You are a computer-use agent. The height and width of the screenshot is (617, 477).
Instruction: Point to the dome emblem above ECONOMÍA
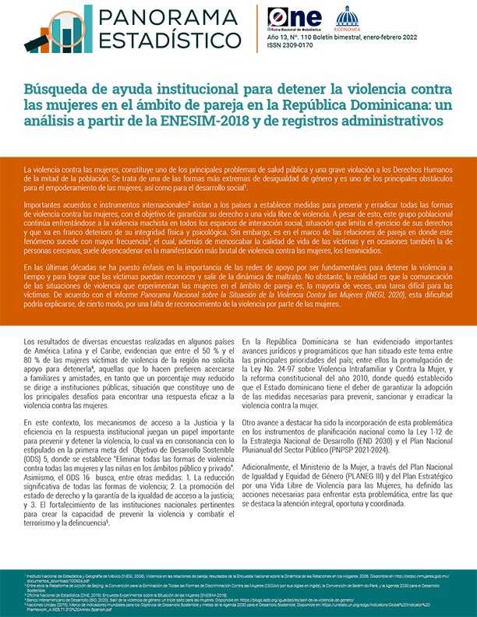(x=347, y=14)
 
